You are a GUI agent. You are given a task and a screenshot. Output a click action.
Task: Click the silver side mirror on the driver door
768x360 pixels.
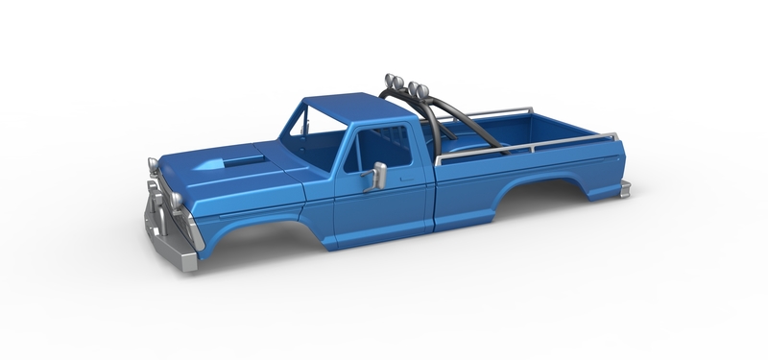(379, 176)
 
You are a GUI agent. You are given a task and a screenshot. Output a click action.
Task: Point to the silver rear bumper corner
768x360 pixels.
(625, 189)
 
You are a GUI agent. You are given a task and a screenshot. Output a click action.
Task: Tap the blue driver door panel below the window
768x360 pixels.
(384, 206)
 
